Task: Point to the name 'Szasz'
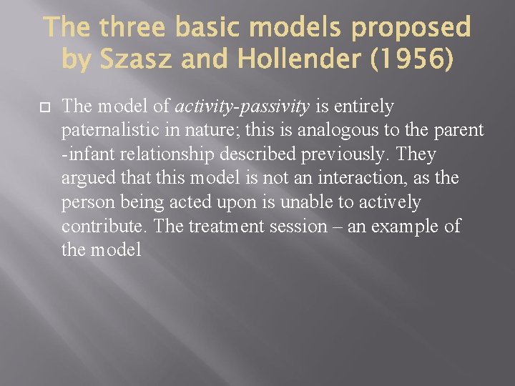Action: [x=137, y=60]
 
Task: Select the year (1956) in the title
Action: [x=411, y=60]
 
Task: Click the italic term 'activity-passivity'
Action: [x=242, y=107]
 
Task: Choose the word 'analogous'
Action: [x=348, y=131]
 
